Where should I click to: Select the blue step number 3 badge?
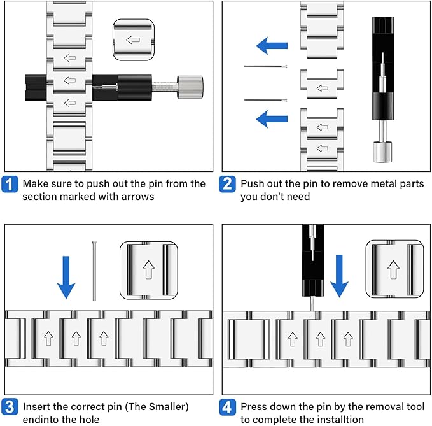pos(11,407)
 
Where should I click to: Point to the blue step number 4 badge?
pos(228,407)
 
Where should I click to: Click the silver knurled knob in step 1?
pos(190,83)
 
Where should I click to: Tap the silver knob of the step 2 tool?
pos(382,152)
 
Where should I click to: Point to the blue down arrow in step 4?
pos(340,274)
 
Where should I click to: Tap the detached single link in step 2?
pos(321,83)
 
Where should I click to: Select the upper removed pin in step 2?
pos(266,67)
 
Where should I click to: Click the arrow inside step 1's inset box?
pos(133,40)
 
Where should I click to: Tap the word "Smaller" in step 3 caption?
pos(167,406)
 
